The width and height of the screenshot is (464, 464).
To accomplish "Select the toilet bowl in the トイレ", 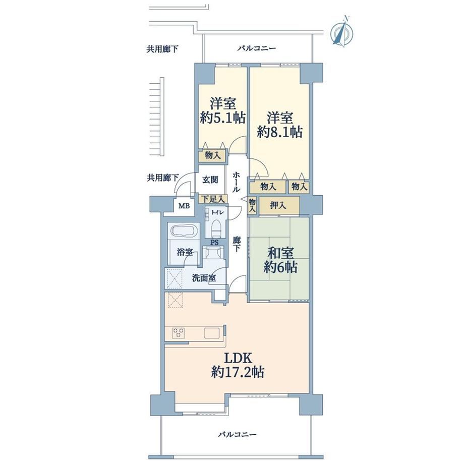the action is click(215, 228).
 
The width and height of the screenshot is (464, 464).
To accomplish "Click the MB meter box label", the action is click(184, 205).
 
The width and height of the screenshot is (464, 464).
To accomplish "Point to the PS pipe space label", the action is click(214, 243).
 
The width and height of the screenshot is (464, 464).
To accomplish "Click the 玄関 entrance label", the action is click(210, 180).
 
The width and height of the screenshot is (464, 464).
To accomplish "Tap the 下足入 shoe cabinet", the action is click(213, 199).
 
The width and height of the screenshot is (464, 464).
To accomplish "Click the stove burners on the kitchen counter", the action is click(179, 333).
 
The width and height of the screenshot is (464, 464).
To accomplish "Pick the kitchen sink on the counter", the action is click(212, 333).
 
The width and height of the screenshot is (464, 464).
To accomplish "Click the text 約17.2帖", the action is click(238, 372).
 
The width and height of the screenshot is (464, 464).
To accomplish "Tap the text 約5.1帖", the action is click(223, 119).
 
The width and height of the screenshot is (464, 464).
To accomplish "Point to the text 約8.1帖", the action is click(279, 132).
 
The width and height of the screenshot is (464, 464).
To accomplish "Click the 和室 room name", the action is click(280, 253).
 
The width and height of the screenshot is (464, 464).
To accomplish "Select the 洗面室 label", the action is click(204, 278).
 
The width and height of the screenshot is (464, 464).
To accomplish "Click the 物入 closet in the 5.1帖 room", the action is click(213, 155).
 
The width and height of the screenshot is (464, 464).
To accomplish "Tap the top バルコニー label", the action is click(257, 48).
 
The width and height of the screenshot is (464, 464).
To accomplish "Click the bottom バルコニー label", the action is click(237, 434).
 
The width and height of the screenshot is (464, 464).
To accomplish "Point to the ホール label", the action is click(236, 182).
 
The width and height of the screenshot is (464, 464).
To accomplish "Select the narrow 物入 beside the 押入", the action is click(252, 205).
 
